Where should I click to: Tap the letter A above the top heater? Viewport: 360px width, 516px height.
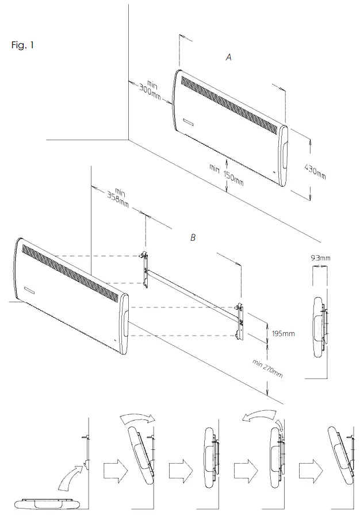(x=229, y=57)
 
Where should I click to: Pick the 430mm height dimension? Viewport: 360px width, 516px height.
(x=314, y=170)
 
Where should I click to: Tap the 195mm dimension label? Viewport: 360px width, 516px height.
(x=282, y=333)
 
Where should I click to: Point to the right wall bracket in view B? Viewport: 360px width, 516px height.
(x=241, y=318)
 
